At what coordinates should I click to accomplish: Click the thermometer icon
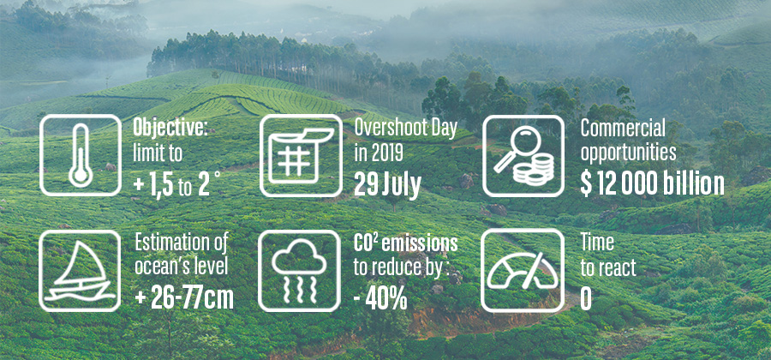click(80, 155)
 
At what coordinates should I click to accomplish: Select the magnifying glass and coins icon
click(523, 155)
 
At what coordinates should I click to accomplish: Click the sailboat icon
click(80, 271)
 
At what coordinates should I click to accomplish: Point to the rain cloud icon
click(299, 271)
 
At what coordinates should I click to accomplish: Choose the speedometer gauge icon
click(523, 271)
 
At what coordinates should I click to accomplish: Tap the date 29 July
click(387, 184)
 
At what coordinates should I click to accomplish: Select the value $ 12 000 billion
click(652, 184)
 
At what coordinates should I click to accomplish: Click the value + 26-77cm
click(184, 297)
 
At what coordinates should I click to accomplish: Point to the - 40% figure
click(380, 298)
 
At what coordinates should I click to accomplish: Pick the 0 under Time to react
click(586, 299)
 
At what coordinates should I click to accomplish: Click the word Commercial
click(623, 129)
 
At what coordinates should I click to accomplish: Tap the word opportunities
click(629, 153)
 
